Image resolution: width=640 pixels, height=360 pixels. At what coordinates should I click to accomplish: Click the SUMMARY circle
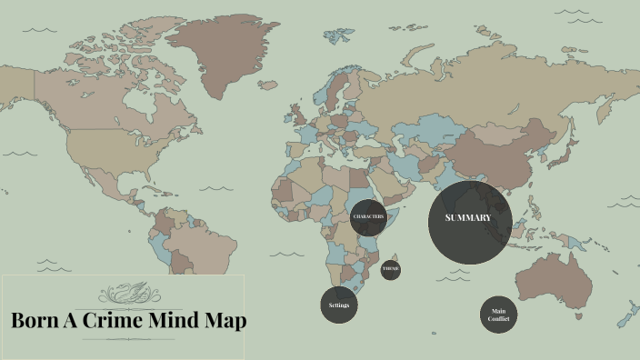[x=470, y=221]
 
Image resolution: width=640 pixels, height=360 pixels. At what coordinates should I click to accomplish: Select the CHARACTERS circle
[x=368, y=217]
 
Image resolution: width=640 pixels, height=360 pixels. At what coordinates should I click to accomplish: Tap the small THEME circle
[x=390, y=270]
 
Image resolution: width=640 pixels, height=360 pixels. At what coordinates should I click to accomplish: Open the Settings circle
[x=338, y=305]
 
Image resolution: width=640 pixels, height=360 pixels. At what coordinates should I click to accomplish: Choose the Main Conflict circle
[x=498, y=315]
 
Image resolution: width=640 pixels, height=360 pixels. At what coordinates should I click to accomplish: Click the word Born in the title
[x=35, y=321]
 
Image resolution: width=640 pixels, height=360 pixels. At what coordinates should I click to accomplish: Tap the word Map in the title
[x=226, y=321]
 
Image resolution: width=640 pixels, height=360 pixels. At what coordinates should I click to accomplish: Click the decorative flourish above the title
[x=127, y=294]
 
